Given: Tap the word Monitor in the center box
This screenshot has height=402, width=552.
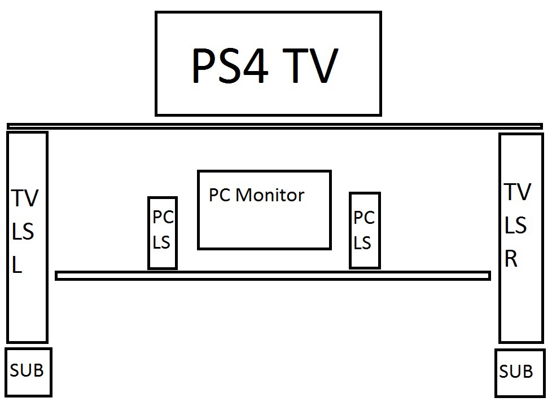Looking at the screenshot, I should click(269, 195).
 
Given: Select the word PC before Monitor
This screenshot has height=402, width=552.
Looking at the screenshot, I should click(220, 195).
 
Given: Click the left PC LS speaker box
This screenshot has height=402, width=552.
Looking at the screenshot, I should click(162, 232).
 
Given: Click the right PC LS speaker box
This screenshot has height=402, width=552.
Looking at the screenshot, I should click(364, 230).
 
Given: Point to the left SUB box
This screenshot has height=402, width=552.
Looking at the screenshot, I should click(28, 372).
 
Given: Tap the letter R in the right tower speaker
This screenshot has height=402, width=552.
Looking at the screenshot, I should click(511, 259).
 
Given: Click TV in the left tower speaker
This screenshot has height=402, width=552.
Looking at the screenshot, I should click(25, 198).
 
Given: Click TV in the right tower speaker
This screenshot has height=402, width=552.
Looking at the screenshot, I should click(518, 192).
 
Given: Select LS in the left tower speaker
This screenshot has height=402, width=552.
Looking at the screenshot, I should click(23, 232).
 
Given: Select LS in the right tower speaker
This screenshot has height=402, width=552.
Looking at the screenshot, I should click(515, 226).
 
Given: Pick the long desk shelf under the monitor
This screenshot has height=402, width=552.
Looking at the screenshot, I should click(273, 276).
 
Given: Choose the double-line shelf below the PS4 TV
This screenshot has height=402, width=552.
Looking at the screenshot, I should click(275, 126).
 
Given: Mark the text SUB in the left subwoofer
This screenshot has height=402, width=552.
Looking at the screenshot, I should click(27, 370).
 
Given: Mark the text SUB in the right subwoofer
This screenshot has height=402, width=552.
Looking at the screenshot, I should click(516, 372).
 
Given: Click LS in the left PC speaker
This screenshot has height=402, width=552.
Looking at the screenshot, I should click(161, 242).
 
